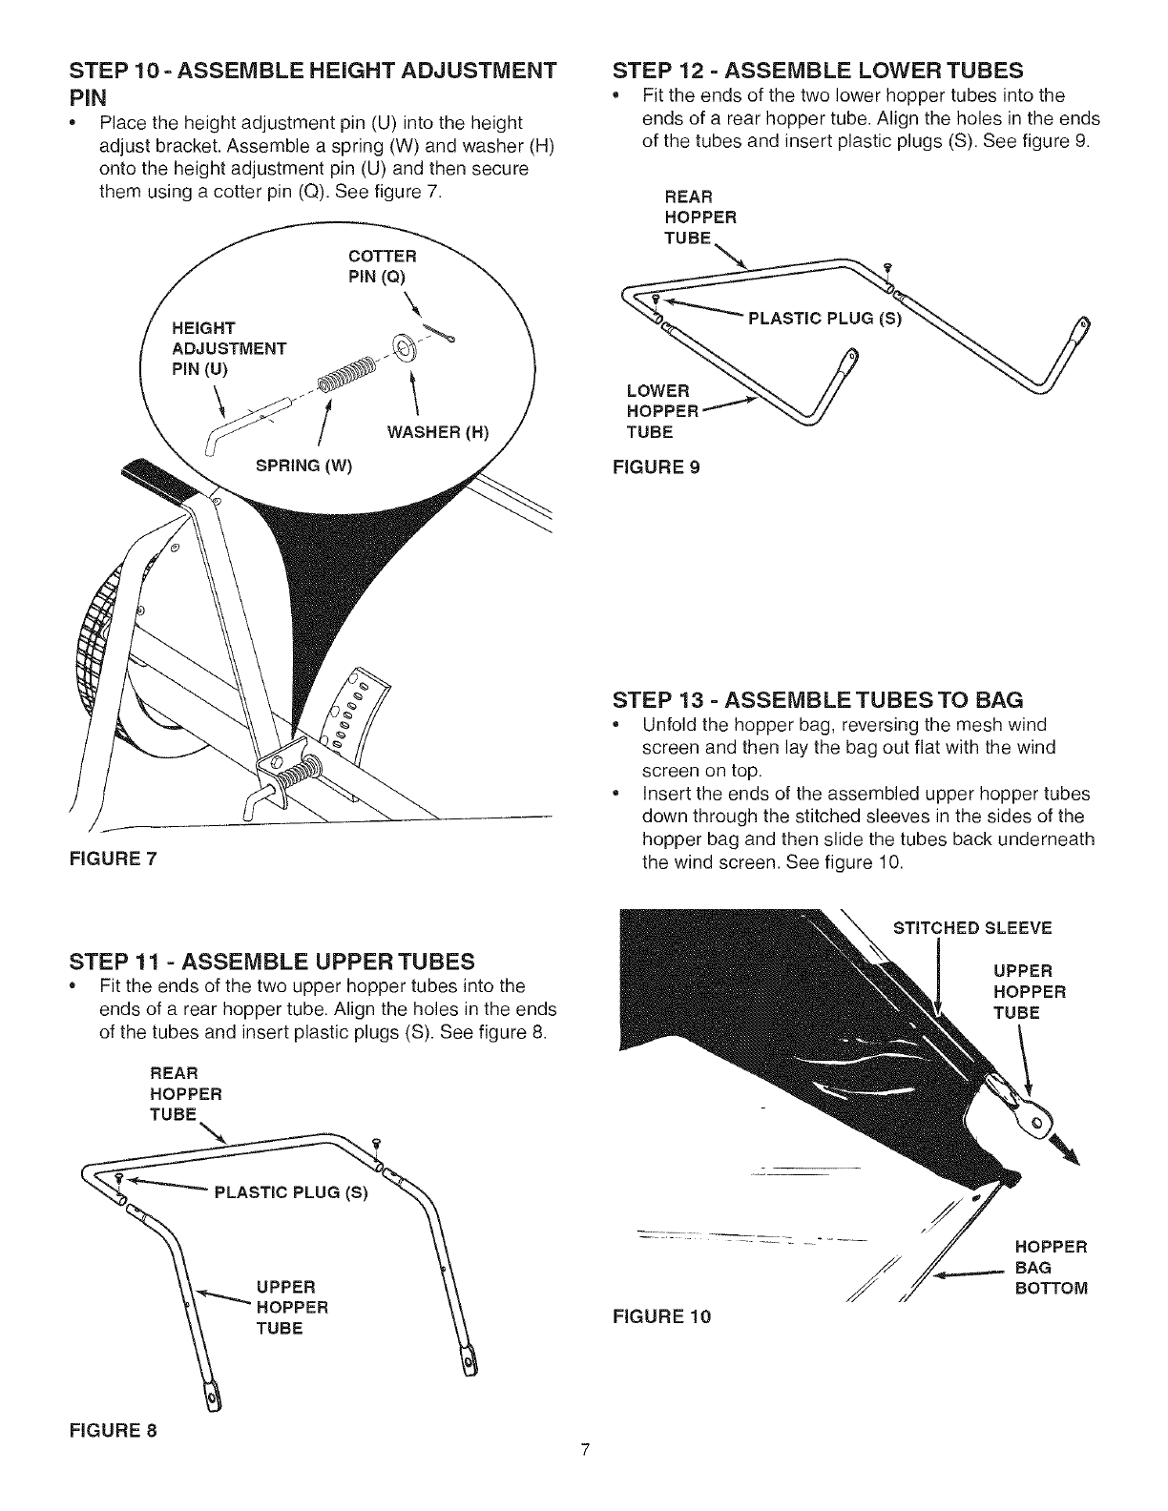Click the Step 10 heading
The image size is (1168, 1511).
(311, 82)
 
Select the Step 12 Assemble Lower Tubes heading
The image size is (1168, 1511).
(818, 70)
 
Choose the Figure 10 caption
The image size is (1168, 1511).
(665, 1317)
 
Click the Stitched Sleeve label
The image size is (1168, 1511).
(970, 928)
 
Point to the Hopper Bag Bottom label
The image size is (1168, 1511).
(1051, 1268)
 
